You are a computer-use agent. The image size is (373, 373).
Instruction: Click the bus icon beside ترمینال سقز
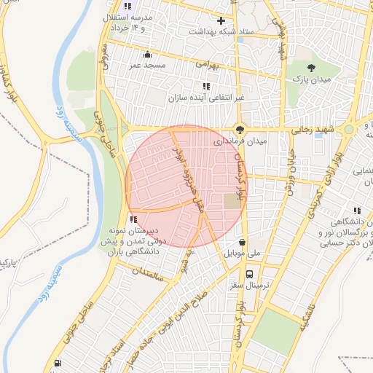pos(251,275)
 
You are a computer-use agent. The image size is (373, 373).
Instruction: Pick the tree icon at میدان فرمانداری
pos(240,128)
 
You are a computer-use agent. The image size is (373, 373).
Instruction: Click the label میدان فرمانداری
pos(248,141)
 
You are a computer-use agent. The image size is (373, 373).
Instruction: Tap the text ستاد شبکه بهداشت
pos(219,32)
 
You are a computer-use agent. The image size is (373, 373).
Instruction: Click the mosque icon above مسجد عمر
pos(148,54)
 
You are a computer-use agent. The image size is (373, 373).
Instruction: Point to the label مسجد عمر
pos(147,65)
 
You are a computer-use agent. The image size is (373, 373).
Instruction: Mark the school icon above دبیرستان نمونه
pos(133,219)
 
